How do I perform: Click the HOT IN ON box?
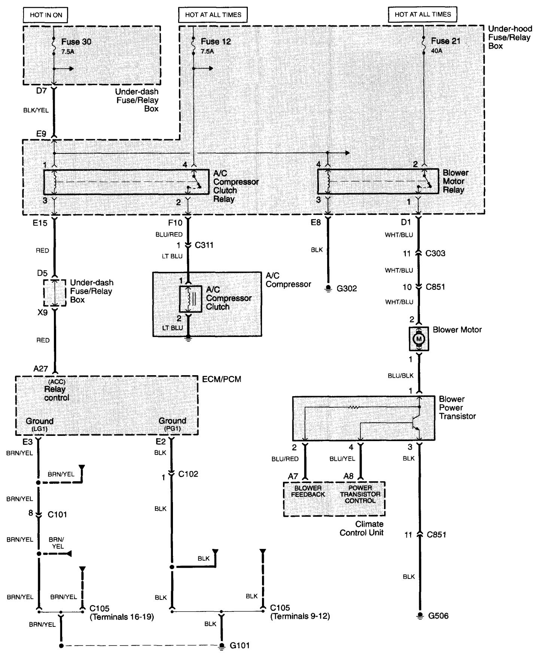[x=46, y=15]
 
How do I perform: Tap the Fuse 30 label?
[x=76, y=42]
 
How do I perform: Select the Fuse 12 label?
[x=216, y=42]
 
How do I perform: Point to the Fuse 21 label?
[x=445, y=41]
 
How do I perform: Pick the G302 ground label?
[x=347, y=289]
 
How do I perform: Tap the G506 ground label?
[x=438, y=616]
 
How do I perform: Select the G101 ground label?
[x=240, y=645]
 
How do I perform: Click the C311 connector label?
[x=204, y=245]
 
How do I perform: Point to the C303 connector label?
[x=435, y=253]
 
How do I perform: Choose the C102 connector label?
[x=188, y=474]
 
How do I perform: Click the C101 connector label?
[x=57, y=514]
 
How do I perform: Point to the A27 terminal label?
[x=41, y=369]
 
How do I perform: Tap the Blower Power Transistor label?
[x=457, y=407]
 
